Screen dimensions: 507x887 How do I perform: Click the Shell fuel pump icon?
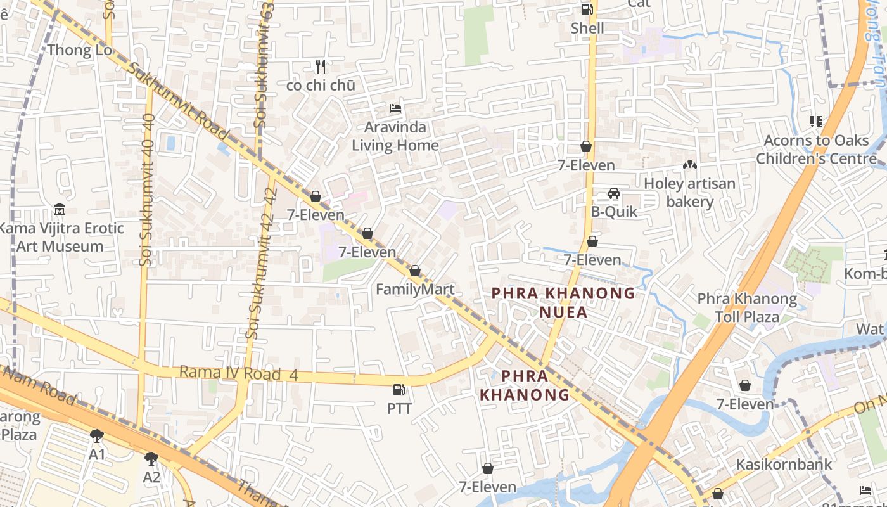587,10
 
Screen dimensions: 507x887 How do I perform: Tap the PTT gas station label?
399,409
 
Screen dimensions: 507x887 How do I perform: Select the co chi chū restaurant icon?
321,66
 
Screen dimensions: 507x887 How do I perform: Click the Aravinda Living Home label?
395,136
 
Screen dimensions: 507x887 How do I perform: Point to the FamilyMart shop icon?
415,271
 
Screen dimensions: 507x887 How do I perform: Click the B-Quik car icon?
614,193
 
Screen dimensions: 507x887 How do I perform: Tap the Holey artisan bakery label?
689,193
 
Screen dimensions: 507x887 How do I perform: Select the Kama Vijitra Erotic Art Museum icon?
60,209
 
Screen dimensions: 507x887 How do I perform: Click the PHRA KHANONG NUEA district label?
563,302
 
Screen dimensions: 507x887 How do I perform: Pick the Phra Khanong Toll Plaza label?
747,307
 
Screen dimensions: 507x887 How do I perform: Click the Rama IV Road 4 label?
238,373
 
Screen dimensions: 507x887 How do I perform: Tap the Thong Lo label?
80,50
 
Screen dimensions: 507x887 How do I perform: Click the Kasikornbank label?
783,465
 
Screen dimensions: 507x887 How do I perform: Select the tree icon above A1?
97,435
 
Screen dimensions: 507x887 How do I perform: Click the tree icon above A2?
151,458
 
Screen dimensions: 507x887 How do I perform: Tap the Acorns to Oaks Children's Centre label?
815,150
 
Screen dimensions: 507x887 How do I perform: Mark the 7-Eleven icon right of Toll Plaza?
745,385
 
